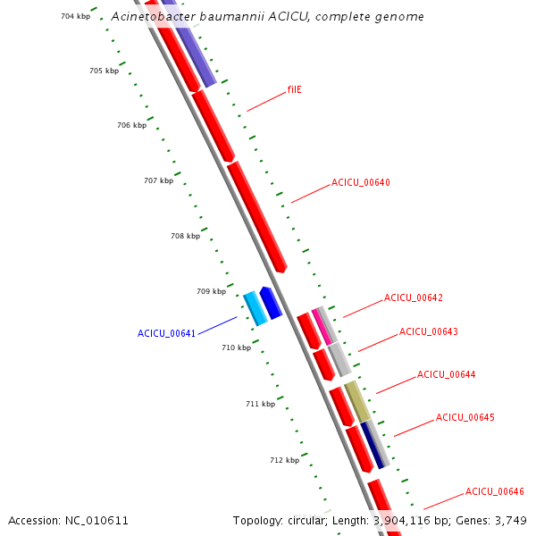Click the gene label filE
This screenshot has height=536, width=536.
[x=294, y=89]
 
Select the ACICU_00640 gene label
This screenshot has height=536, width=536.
[x=361, y=182]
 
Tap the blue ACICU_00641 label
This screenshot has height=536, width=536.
[x=166, y=333]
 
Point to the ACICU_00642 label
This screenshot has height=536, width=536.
[x=414, y=297]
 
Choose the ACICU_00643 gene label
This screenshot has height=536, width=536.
[x=429, y=331]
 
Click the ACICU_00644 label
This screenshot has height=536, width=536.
[x=447, y=374]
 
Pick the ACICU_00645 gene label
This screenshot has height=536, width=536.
[x=465, y=417]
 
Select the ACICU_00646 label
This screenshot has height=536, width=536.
[x=495, y=491]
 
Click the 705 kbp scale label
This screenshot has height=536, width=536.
[x=105, y=71]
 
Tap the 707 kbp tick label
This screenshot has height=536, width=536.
[x=159, y=180]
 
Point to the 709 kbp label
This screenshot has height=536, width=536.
[x=211, y=291]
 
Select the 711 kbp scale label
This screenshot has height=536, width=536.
[x=261, y=404]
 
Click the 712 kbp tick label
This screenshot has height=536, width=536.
[x=285, y=460]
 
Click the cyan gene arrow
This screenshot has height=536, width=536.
[x=255, y=308]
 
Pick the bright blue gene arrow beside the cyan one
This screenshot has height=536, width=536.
[x=271, y=303]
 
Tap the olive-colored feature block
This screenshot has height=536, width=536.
[x=357, y=401]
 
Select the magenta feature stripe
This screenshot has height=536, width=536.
[x=322, y=327]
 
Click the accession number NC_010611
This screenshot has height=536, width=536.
[x=96, y=521]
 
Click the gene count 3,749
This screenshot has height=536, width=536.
[x=511, y=521]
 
